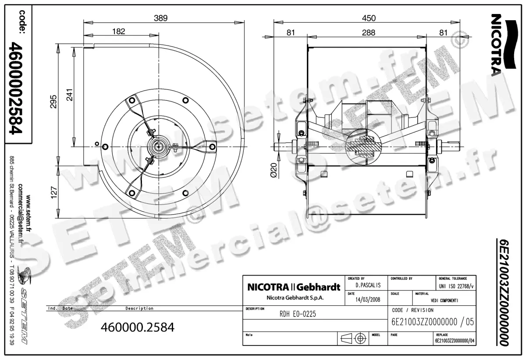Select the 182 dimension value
[118, 31]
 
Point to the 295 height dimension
[53, 103]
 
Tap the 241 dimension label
[69, 95]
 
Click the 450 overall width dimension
[368, 18]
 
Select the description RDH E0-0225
[298, 314]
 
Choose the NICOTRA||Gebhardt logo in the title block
[294, 288]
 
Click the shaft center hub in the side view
[157, 146]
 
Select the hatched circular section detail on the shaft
[360, 146]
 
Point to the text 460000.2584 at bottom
[138, 327]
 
